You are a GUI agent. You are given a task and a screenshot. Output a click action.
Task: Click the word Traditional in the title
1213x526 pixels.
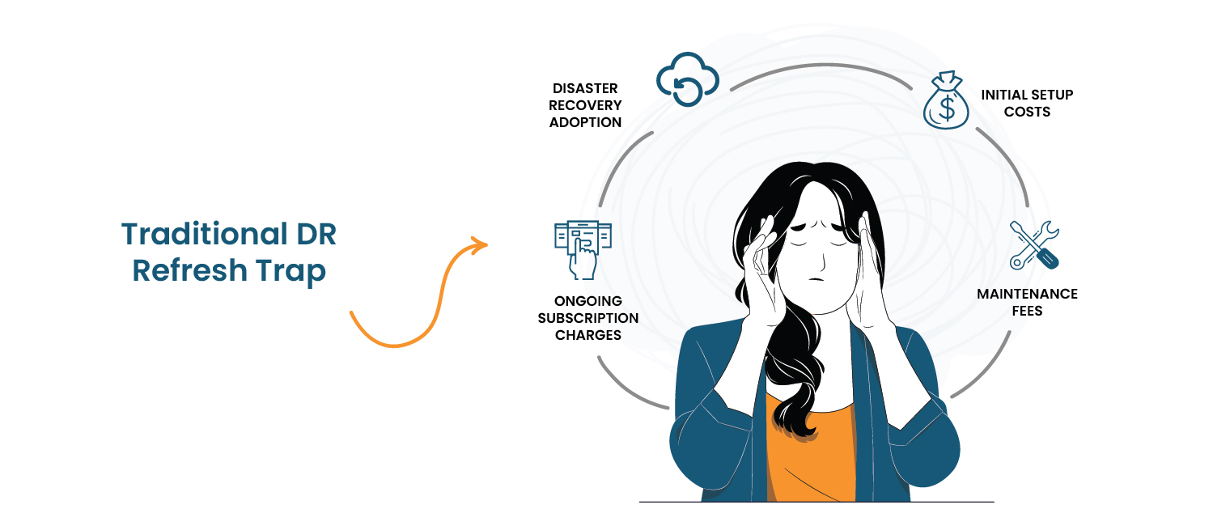coord(204,234)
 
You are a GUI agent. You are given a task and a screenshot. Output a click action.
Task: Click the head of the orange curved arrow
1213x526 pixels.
coord(478,245)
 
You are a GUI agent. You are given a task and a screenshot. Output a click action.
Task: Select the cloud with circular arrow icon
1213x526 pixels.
coord(687,79)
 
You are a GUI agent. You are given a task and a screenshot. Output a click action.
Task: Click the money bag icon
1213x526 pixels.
coord(946,100)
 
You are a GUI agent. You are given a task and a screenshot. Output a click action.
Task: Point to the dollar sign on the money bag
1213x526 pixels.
coord(947,108)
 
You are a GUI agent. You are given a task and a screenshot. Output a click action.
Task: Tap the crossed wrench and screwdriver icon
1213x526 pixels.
coord(1034,245)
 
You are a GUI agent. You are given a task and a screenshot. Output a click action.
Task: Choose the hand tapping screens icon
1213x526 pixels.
coord(583,250)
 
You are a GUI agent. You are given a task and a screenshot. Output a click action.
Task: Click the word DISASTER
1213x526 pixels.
coord(585,88)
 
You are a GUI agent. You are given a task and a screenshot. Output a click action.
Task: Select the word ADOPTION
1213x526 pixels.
coord(585,122)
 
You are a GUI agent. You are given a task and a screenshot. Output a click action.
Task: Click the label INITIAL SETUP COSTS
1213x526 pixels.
coord(1027,103)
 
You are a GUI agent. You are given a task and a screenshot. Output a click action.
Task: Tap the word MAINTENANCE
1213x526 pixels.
coord(1027,294)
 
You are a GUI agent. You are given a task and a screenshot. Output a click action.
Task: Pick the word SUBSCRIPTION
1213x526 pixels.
coord(588,318)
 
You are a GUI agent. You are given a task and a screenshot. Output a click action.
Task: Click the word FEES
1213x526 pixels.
coord(1027,311)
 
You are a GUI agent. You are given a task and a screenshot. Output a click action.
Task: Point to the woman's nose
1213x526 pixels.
coord(821,260)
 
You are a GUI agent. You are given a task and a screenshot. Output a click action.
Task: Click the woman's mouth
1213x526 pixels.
coord(816,279)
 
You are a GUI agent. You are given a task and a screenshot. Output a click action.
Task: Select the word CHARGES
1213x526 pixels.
coord(588,335)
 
